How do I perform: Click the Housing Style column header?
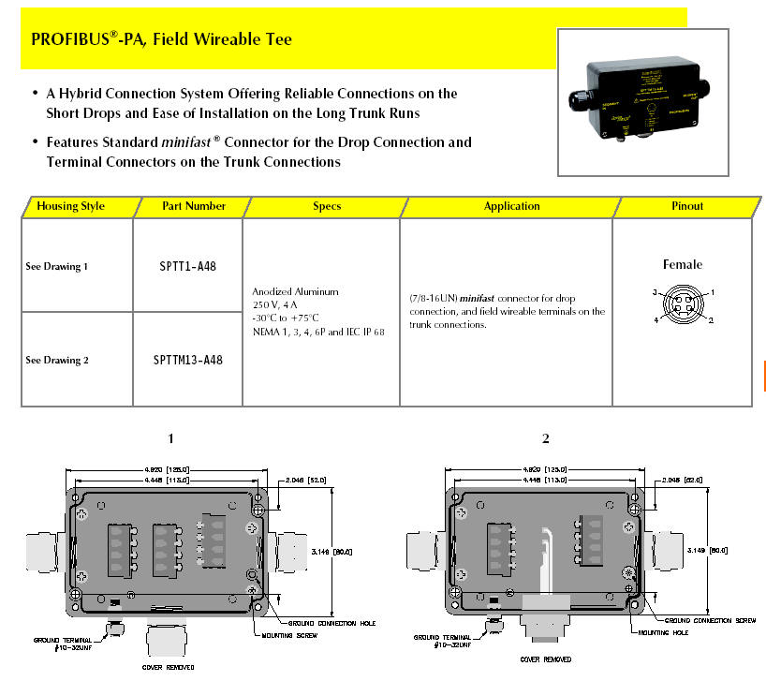click(70, 206)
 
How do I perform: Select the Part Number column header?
click(191, 206)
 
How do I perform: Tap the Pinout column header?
click(686, 206)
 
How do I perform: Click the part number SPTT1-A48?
click(188, 266)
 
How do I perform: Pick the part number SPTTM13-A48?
click(188, 360)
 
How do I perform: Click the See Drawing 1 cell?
click(56, 267)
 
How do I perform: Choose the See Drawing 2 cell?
click(56, 361)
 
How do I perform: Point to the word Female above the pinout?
click(682, 265)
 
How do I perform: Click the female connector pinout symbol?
click(682, 306)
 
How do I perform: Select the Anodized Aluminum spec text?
click(295, 292)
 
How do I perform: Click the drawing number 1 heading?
click(170, 438)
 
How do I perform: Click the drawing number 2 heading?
click(545, 438)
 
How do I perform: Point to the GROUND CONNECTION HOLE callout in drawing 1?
click(321, 622)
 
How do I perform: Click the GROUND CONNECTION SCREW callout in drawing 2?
click(709, 621)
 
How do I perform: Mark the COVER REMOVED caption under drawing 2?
click(544, 660)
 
